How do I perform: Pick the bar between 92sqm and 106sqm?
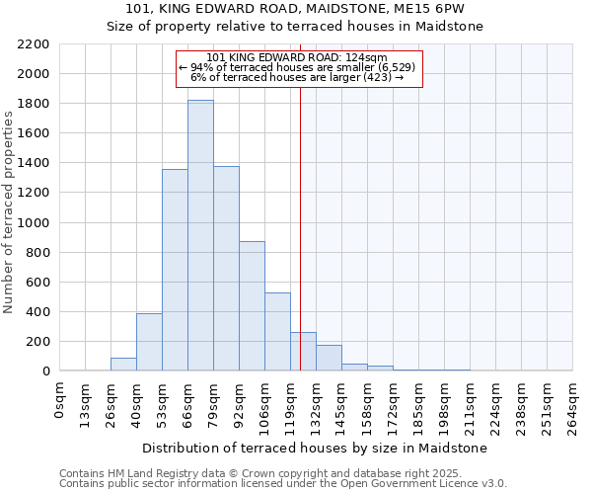pyautogui.click(x=252, y=306)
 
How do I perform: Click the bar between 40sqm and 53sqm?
pyautogui.click(x=149, y=342)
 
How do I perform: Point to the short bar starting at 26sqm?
pyautogui.click(x=123, y=365)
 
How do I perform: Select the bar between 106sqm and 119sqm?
pyautogui.click(x=277, y=332)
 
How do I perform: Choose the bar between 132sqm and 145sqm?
pyautogui.click(x=329, y=358)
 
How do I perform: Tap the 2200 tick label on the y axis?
pyautogui.click(x=33, y=44)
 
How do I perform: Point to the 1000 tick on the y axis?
pyautogui.click(x=33, y=223)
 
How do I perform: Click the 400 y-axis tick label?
pyautogui.click(x=37, y=312)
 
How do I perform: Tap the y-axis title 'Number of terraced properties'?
pyautogui.click(x=9, y=212)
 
